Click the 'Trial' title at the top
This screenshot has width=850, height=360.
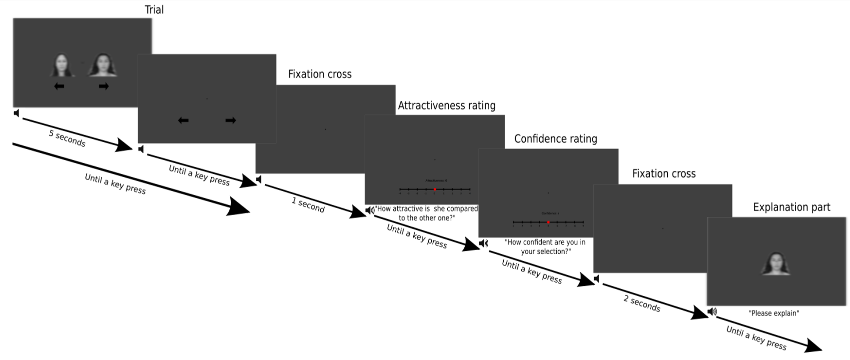pos(154,9)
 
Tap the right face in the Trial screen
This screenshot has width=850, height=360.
pos(102,65)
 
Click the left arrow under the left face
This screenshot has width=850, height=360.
pos(59,86)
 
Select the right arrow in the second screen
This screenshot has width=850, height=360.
pos(230,120)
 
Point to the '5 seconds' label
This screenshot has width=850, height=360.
pos(67,138)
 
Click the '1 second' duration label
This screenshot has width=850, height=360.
pos(308,204)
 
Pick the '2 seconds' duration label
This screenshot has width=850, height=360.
pos(642,303)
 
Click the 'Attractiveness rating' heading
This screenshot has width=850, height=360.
pos(446,105)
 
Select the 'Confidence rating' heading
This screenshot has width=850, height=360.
pos(555,138)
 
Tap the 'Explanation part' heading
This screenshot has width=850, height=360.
pos(792,207)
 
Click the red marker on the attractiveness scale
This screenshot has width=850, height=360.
pos(435,189)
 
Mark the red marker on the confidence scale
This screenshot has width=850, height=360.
pos(548,222)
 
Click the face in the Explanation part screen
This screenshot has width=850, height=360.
pos(776,264)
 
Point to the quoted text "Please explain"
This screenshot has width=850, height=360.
pos(774,313)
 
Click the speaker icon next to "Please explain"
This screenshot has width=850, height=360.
pos(712,312)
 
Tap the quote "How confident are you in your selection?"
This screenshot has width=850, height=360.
pos(545,246)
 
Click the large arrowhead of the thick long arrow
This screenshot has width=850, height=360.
pos(237,207)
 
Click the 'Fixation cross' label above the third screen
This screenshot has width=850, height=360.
pos(319,74)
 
